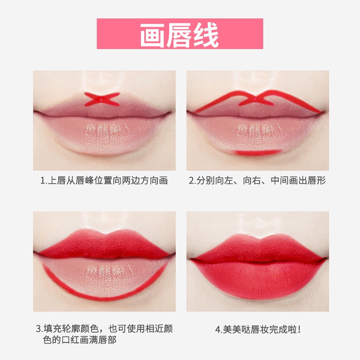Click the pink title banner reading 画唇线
180,33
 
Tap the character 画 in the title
152,35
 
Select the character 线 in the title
206,35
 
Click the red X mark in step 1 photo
102,99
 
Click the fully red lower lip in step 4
258,279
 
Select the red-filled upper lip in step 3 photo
104,244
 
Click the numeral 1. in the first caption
44,181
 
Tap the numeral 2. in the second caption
192,181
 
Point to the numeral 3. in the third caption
39,329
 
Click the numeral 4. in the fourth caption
219,330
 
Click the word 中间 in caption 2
279,181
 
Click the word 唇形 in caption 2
317,181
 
